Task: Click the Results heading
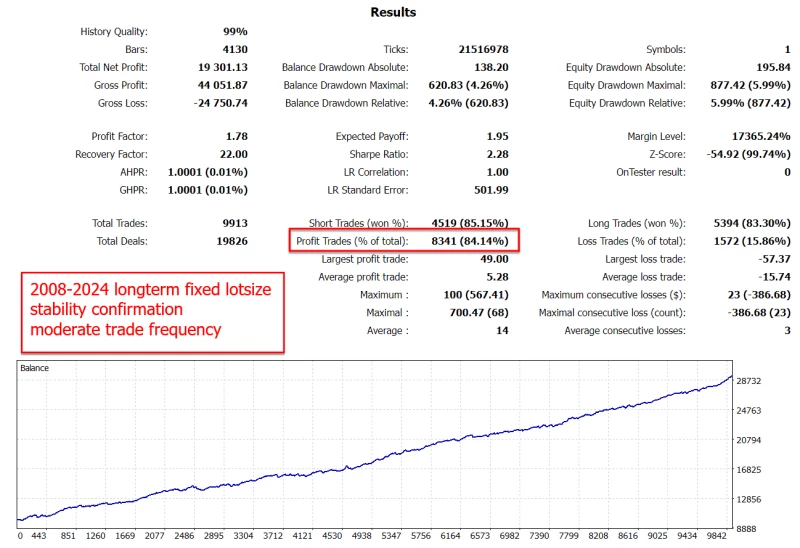tap(393, 12)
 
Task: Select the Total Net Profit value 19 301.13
tap(217, 67)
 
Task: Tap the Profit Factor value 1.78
tap(232, 136)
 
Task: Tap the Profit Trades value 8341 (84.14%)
tap(469, 241)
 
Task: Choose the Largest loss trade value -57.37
tap(769, 259)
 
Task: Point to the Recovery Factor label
tap(111, 154)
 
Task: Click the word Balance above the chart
tap(35, 368)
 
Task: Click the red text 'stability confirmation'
tap(106, 309)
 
